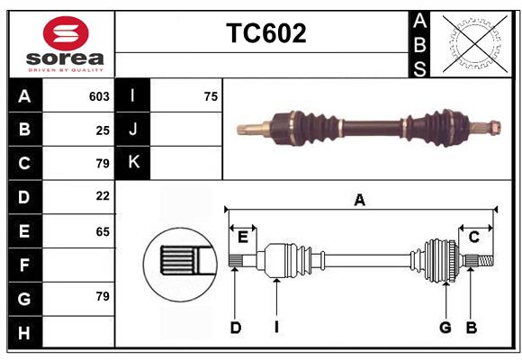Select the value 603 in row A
coord(99,96)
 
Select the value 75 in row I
coord(211,96)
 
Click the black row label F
coord(24,265)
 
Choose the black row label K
coord(133,163)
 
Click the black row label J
coord(133,130)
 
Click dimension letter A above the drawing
coord(359,201)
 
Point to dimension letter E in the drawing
coord(242,237)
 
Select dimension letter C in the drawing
coord(473,237)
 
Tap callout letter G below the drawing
coord(445,328)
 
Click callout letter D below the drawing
coord(235,328)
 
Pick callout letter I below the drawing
coord(276,328)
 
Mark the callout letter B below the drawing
coord(471,328)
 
